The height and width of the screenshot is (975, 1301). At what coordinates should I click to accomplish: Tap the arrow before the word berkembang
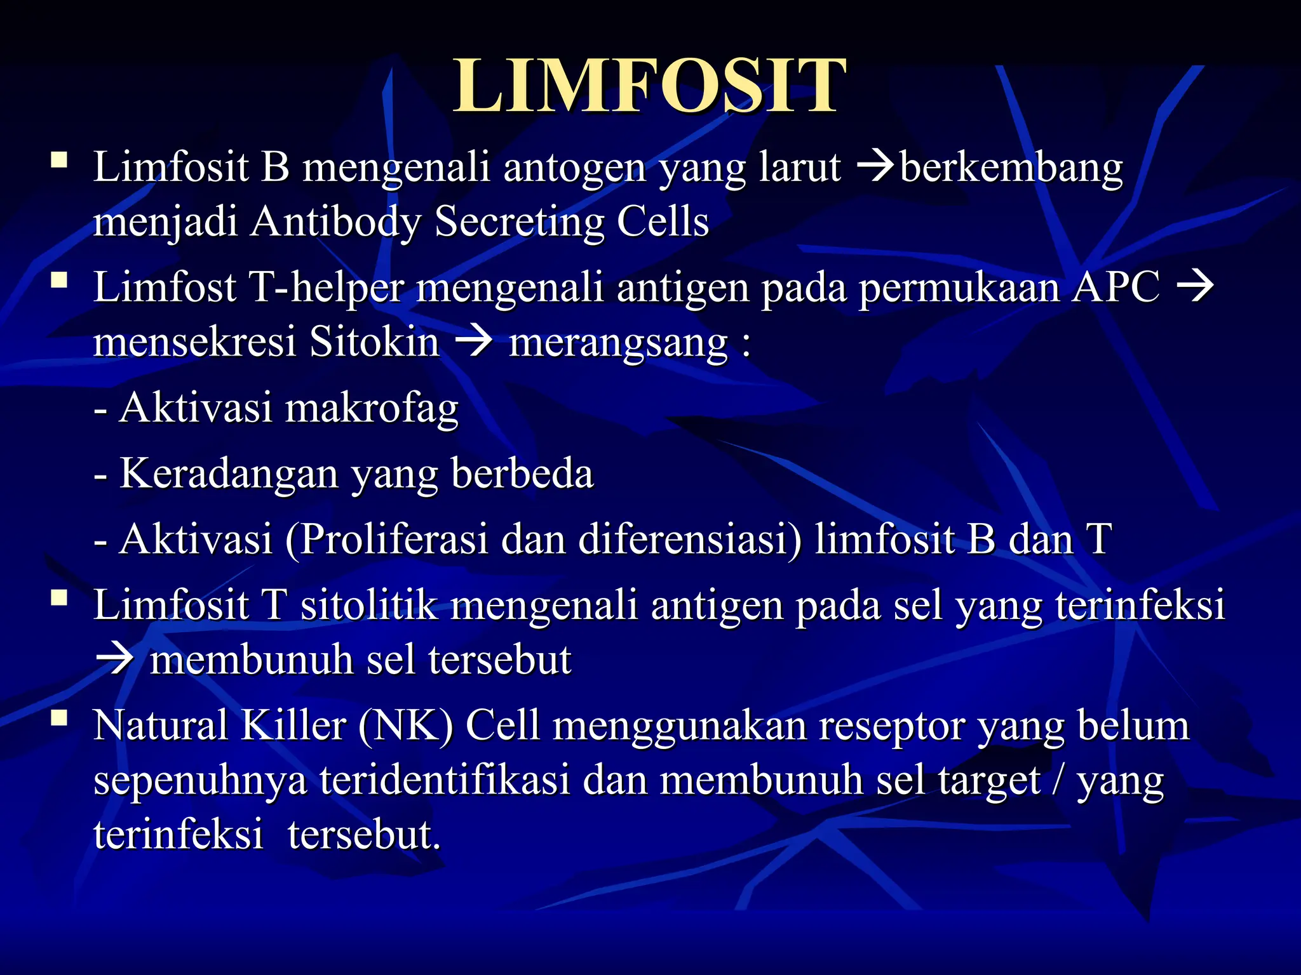(875, 168)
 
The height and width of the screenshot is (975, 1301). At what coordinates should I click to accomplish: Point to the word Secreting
(519, 222)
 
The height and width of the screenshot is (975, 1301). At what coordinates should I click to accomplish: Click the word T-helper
(325, 287)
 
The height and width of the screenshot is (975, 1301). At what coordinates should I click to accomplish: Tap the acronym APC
(1116, 287)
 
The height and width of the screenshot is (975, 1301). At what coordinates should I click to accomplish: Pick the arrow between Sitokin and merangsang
(474, 342)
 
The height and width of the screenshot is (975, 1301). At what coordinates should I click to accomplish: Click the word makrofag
(372, 408)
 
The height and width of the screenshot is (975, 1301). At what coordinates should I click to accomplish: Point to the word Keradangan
(229, 474)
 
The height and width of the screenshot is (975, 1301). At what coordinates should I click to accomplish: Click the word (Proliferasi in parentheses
(386, 540)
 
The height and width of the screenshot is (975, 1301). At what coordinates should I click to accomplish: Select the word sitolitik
(368, 604)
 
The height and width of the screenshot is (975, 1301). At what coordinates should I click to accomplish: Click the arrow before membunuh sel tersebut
(114, 660)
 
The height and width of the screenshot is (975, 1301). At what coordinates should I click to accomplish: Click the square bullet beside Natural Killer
(60, 718)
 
